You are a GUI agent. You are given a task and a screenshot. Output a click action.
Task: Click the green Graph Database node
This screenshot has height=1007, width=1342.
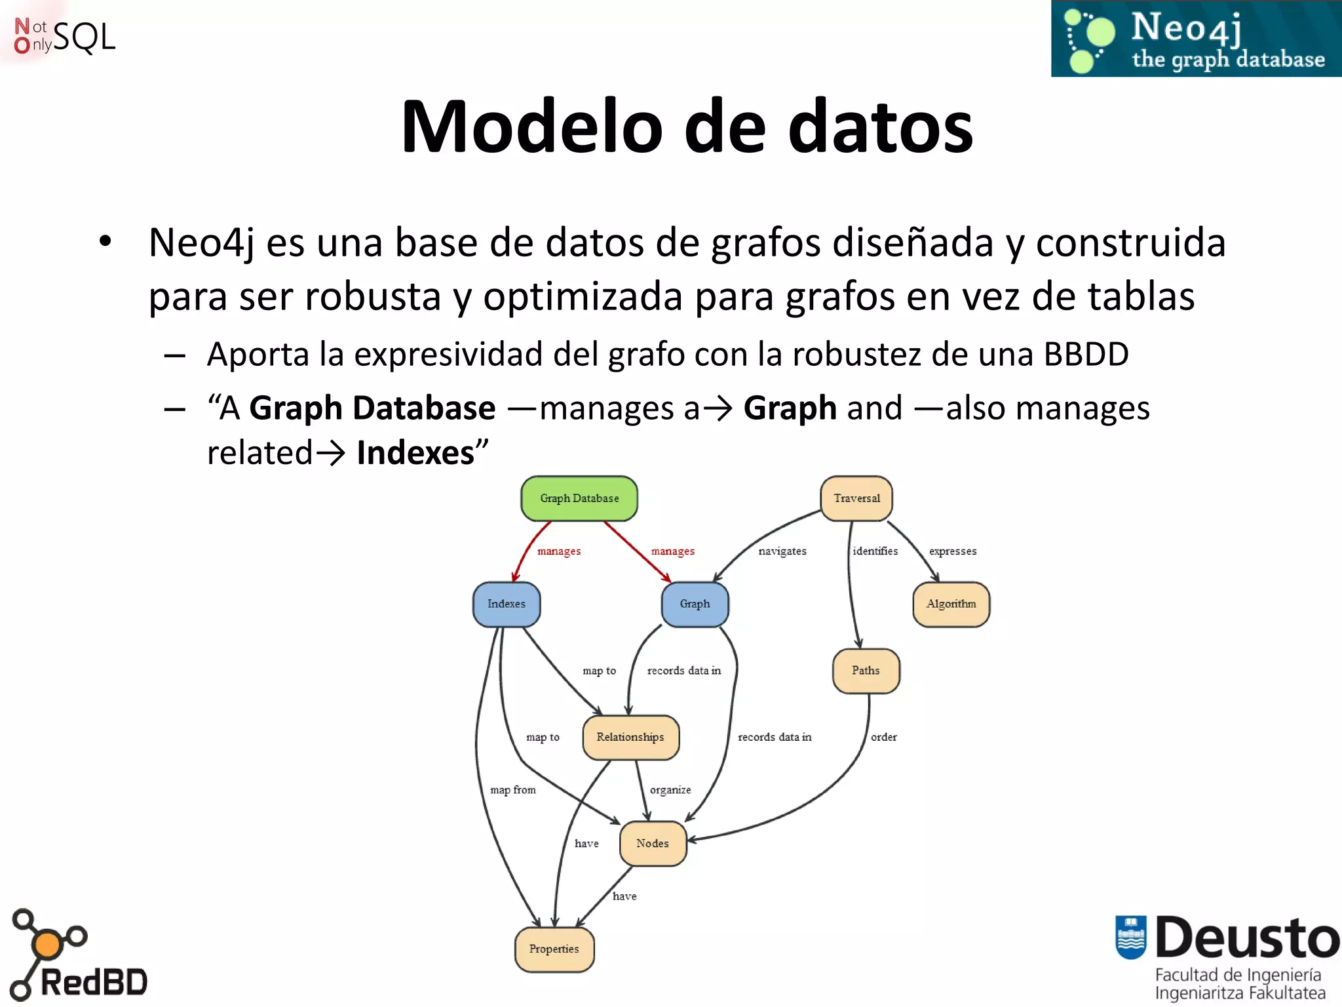579,498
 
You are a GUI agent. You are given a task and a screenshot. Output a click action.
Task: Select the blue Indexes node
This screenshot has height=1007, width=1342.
507,604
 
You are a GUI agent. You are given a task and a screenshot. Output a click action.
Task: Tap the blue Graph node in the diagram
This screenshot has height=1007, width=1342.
695,604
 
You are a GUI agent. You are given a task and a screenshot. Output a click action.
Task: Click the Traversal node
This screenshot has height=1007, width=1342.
856,498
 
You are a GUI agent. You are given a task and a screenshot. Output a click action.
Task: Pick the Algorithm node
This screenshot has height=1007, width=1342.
951,604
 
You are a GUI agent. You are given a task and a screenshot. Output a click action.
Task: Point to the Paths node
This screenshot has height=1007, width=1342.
866,671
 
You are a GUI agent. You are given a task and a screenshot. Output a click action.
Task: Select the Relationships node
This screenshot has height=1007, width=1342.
630,738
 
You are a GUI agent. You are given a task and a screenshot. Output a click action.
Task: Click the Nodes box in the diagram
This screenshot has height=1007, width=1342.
653,844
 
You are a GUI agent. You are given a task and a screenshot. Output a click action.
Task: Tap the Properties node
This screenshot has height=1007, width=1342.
554,949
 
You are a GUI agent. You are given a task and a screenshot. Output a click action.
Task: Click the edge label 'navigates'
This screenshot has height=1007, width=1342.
782,551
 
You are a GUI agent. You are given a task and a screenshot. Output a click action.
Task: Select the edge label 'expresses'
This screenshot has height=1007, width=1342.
953,551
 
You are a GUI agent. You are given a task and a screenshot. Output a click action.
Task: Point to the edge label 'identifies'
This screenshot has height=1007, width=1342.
875,551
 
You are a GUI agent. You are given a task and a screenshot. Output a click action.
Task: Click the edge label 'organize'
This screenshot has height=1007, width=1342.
670,790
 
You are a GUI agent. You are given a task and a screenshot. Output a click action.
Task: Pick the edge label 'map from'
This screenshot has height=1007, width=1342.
513,790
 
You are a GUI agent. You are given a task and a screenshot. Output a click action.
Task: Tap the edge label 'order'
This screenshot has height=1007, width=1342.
884,738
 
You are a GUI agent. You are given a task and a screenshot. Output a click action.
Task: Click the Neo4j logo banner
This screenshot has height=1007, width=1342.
1196,39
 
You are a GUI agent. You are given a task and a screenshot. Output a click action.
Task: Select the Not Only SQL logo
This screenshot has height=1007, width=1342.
64,36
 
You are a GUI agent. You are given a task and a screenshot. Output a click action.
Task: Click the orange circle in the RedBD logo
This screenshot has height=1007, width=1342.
47,945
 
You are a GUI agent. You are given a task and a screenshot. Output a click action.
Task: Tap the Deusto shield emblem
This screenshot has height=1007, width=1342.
1131,937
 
